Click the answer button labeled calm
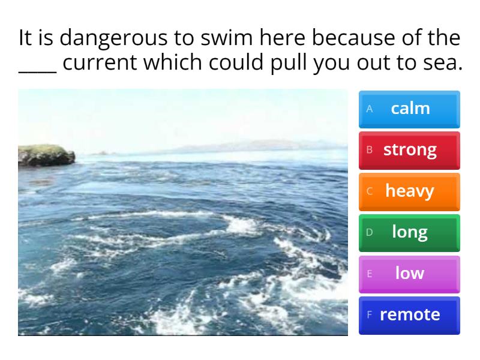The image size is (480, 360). pos(409,109)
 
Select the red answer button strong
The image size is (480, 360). pos(409,149)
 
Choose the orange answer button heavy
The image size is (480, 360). pos(409,191)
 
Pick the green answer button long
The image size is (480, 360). pos(409,232)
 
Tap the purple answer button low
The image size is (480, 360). pos(409,273)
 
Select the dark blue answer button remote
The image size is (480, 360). pos(409,314)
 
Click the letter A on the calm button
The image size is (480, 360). pos(370,109)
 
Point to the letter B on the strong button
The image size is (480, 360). pos(370,149)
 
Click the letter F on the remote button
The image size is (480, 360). pos(370,314)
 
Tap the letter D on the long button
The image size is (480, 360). pos(370,232)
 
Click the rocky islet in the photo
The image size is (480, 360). pos(45,155)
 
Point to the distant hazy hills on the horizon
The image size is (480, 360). pos(252,146)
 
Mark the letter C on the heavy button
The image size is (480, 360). pos(370,191)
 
